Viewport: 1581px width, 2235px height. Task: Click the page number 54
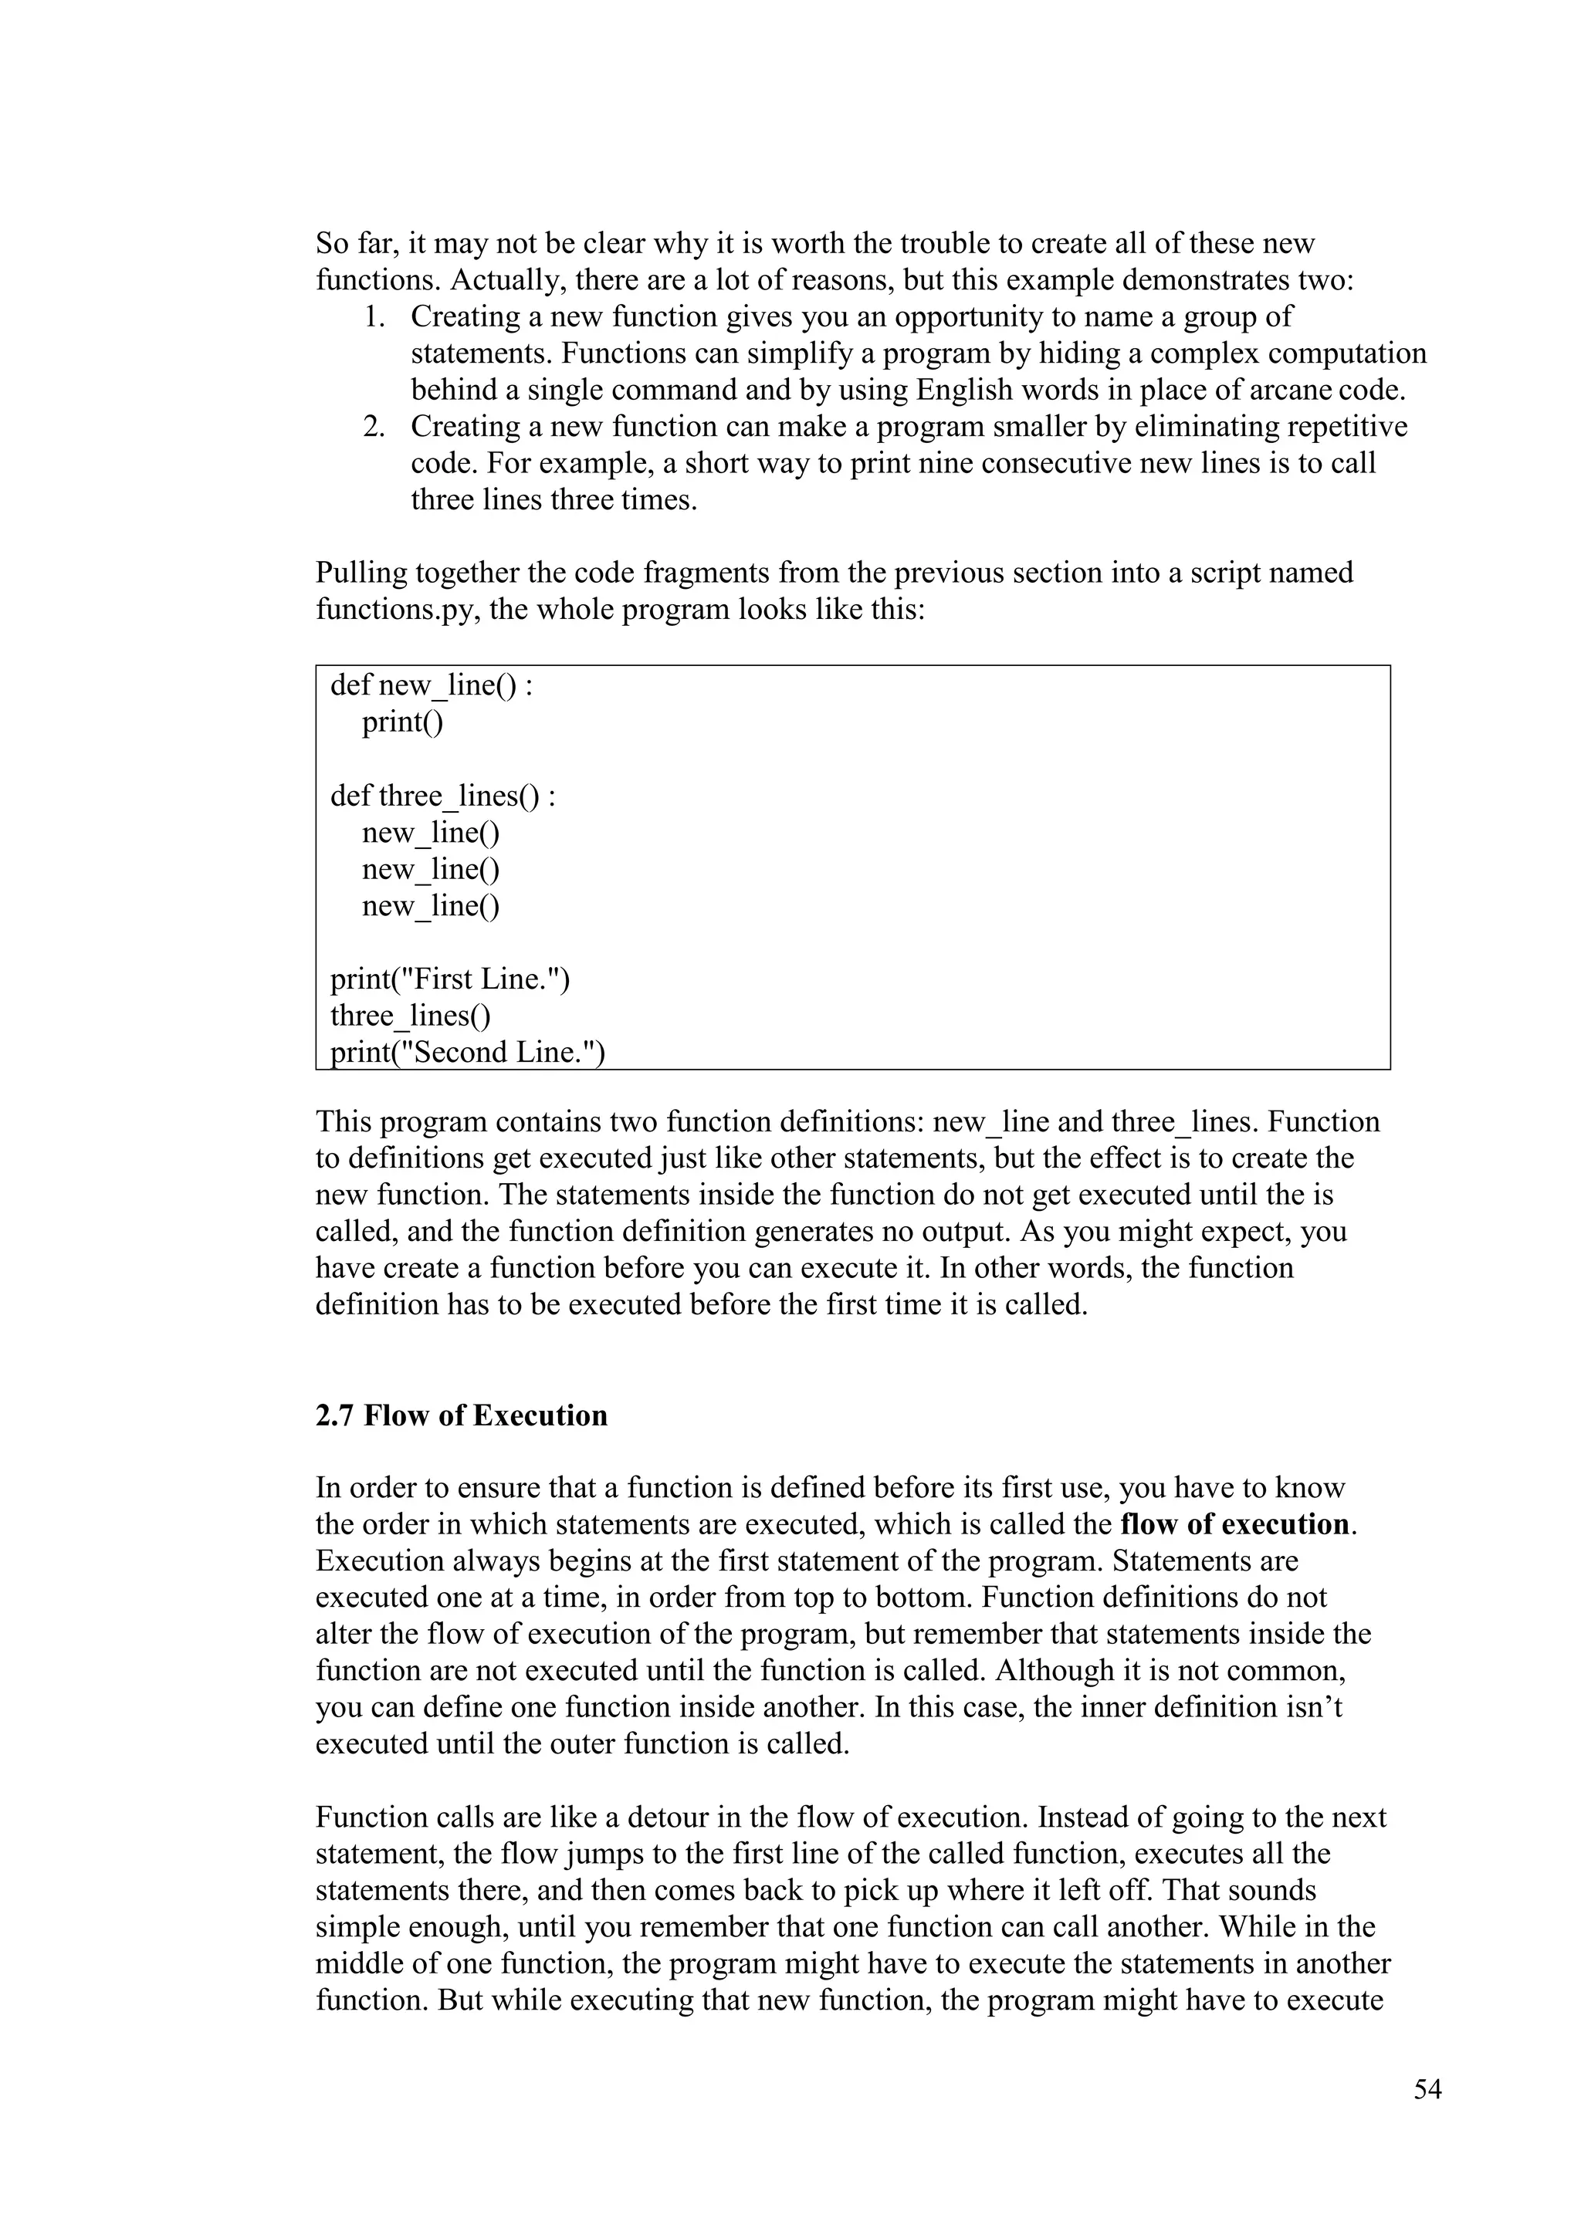point(1427,2090)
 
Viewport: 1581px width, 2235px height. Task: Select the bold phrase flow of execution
point(1235,1524)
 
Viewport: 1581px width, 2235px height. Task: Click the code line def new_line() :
point(432,686)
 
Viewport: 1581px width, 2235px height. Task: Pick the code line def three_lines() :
point(443,796)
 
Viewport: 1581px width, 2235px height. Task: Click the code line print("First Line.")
point(450,979)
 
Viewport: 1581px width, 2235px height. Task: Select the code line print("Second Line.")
point(467,1052)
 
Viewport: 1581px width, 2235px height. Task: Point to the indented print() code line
point(402,722)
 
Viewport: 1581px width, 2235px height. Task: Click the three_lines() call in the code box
point(410,1016)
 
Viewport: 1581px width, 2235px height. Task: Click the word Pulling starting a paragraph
point(361,573)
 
